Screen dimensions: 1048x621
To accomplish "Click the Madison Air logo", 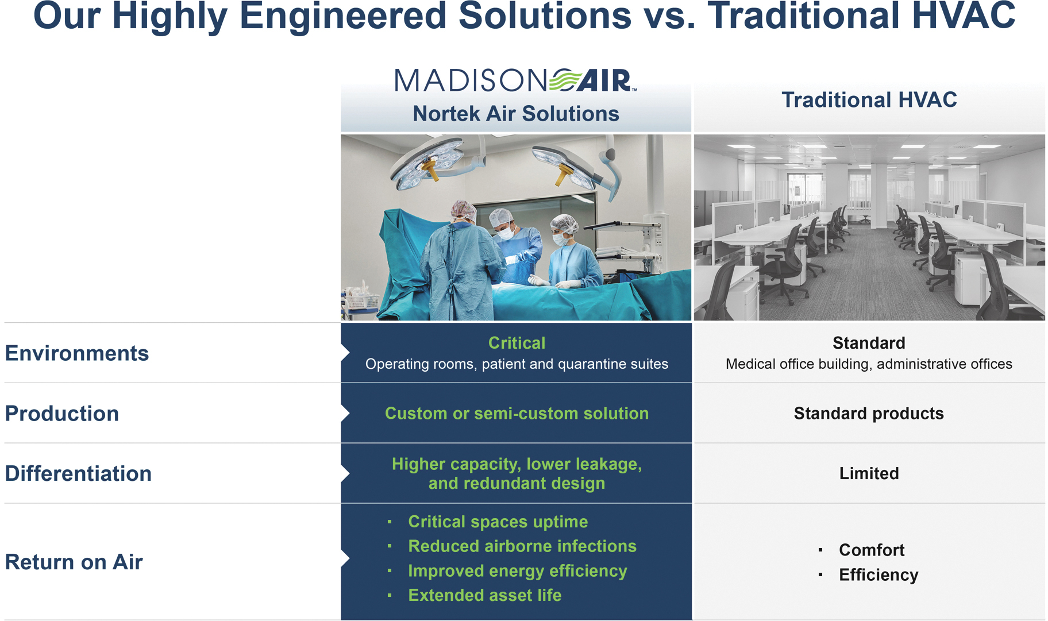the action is point(515,80).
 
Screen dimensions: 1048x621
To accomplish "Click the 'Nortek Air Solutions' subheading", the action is point(516,114).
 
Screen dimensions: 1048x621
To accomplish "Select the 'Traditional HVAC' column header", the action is point(869,100).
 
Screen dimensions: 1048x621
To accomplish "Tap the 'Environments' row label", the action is point(77,353).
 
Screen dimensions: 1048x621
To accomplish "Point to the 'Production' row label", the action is point(62,414).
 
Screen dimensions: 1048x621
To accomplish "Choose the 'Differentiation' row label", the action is point(79,474).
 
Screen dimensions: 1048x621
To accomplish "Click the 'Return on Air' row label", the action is point(74,562).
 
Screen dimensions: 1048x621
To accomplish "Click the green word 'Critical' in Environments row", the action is point(517,343).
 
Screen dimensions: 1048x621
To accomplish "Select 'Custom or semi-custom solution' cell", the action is point(517,414).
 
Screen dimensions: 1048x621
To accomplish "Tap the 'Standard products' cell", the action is point(869,414).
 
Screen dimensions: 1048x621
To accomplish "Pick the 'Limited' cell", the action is point(869,473).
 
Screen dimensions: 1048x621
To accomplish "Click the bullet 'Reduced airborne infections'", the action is point(522,546).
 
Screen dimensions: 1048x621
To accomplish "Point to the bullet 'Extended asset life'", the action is point(485,596).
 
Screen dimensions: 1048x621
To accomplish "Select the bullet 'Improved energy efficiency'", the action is point(518,571).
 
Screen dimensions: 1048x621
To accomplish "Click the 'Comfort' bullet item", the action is point(872,550).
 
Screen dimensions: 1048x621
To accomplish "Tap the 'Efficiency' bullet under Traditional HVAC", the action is point(879,575).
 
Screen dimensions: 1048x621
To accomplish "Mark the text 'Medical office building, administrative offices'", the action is point(869,364).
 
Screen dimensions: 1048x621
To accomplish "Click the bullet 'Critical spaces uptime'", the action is point(498,522).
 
